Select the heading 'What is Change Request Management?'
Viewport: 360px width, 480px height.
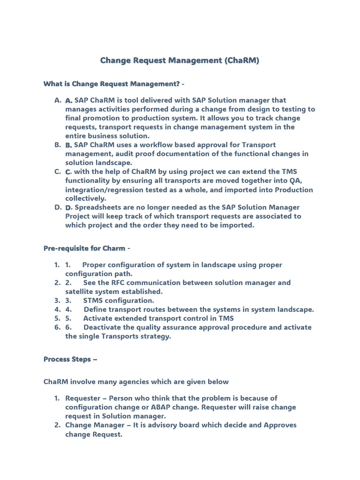tap(112, 84)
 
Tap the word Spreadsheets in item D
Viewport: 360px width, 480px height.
tap(98, 207)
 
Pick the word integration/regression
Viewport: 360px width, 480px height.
tap(107, 189)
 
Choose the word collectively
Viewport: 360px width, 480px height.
tap(86, 198)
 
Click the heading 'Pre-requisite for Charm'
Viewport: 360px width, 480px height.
tap(84, 248)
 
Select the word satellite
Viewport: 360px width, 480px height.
tap(80, 292)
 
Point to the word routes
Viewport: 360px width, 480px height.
tap(161, 309)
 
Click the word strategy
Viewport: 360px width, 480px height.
tap(155, 336)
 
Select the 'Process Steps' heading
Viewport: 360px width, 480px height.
tap(67, 359)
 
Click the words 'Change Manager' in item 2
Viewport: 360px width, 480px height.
tap(95, 425)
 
